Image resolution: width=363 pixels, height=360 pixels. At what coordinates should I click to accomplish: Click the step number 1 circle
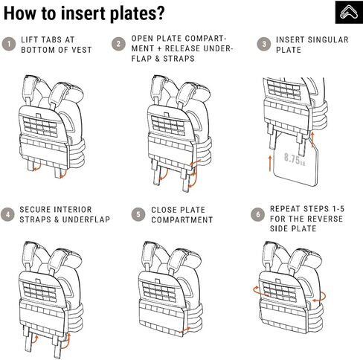[9, 45]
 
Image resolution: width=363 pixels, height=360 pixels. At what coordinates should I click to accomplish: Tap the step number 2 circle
[118, 44]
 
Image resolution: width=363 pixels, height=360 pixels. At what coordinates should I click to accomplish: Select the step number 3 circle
[264, 44]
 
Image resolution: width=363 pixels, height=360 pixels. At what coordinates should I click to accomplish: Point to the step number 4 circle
[8, 214]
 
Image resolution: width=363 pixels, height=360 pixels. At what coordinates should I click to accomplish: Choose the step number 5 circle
[138, 214]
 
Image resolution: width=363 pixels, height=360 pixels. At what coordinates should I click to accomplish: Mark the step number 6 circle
[257, 214]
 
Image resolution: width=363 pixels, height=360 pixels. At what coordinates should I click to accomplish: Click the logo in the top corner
[349, 12]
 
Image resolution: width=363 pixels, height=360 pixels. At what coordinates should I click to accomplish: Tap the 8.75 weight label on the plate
[295, 159]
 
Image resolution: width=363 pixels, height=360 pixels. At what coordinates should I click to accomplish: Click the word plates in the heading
[137, 13]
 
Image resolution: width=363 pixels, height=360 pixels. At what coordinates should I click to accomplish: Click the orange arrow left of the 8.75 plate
[270, 163]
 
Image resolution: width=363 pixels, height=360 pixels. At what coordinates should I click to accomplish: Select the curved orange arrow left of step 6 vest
[258, 291]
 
